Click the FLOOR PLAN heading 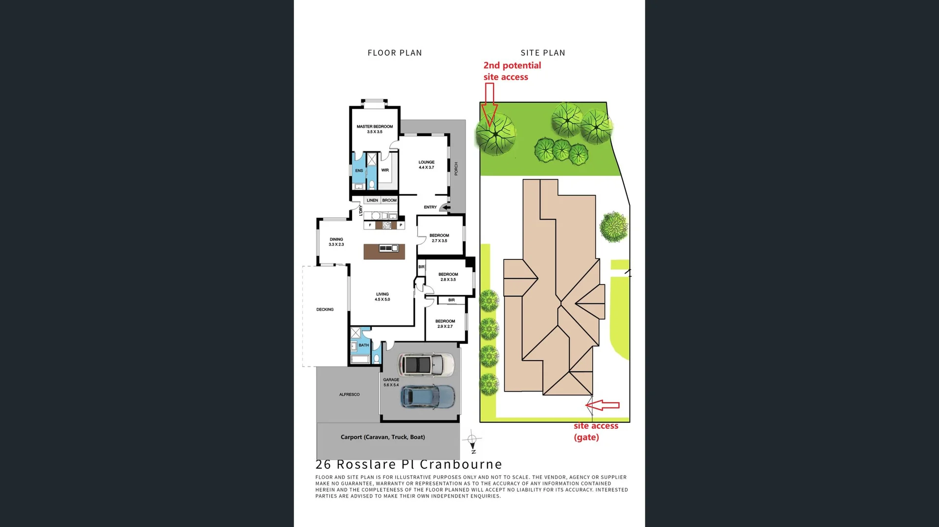coord(395,53)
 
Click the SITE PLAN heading coord(543,53)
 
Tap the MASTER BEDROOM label coord(375,129)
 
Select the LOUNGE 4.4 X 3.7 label coord(426,165)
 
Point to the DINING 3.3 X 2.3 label coord(336,242)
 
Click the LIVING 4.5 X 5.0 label coord(382,297)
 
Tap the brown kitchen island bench coord(384,252)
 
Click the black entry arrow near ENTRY coord(446,207)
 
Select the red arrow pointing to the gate coord(603,405)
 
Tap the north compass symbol coord(472,440)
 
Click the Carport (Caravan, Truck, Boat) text coord(382,437)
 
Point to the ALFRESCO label coord(349,394)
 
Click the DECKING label coord(325,310)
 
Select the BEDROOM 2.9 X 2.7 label coord(445,324)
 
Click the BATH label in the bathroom coord(363,345)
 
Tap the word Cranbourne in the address coord(461,464)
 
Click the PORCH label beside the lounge coord(456,169)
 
